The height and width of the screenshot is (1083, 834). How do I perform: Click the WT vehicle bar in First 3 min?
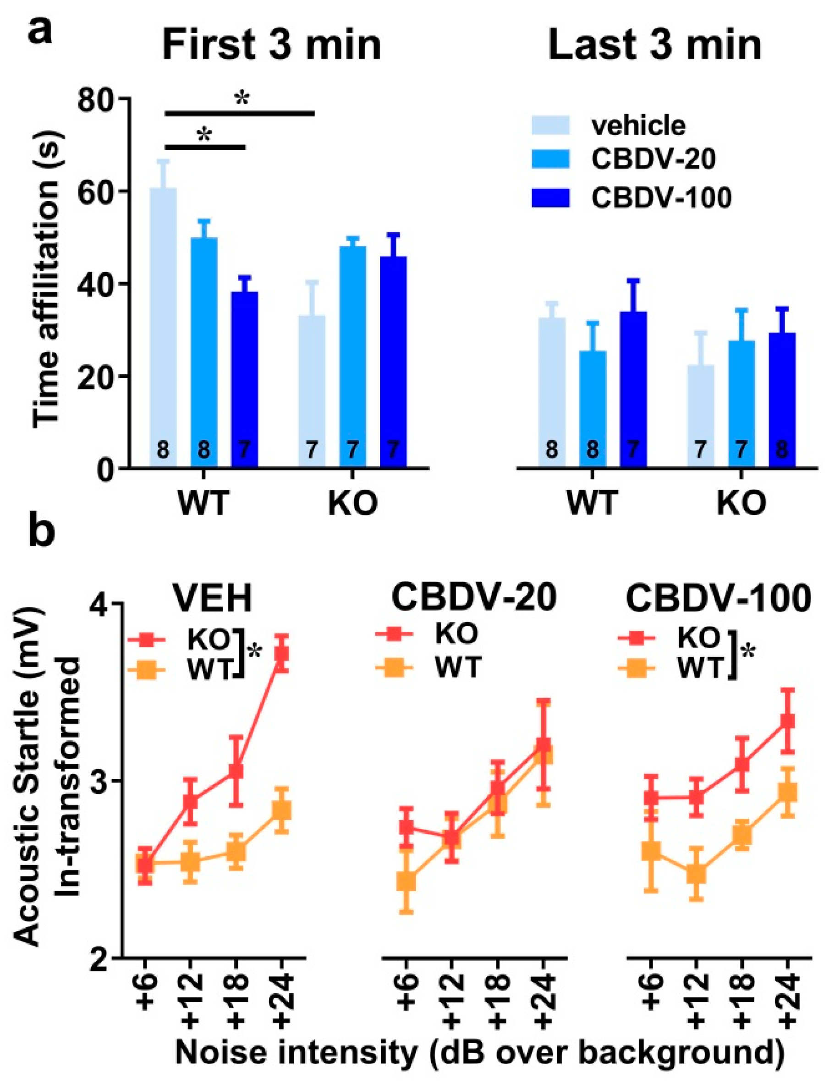click(163, 327)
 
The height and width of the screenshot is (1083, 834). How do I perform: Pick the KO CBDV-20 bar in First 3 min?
click(353, 357)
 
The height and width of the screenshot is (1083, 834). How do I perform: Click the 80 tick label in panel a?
click(98, 99)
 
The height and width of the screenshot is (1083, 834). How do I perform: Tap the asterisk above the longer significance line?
click(241, 99)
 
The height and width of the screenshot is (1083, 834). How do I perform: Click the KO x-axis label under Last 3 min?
click(741, 504)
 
